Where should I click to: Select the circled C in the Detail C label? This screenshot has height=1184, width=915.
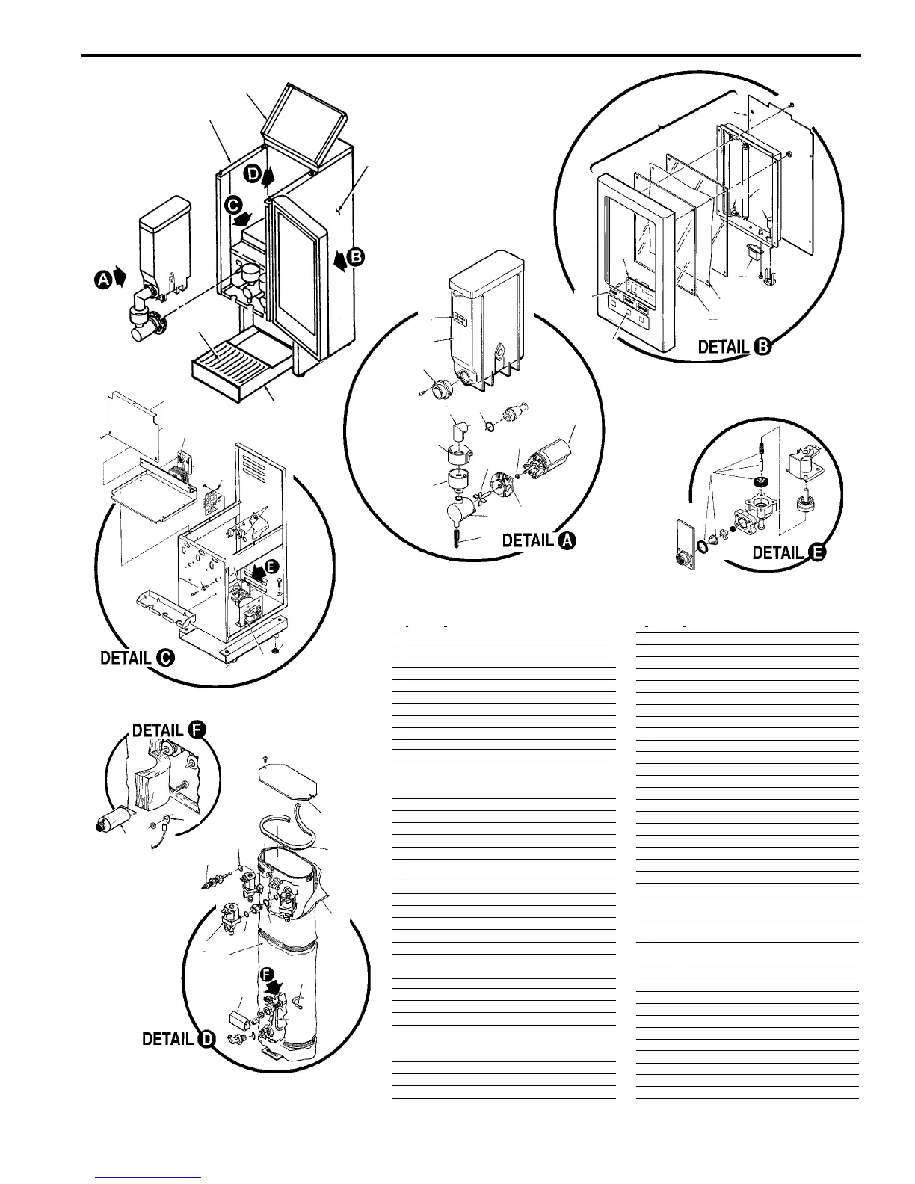(x=164, y=658)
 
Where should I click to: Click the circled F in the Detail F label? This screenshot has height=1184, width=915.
(x=196, y=730)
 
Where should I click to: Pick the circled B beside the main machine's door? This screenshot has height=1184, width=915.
(x=355, y=257)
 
